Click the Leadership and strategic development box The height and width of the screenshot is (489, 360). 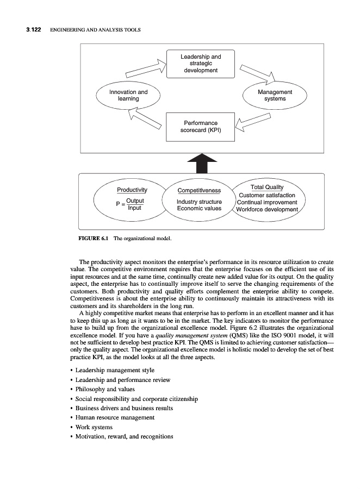[x=200, y=64]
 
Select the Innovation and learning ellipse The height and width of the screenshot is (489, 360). [x=128, y=96]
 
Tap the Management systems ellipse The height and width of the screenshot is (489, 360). [x=275, y=96]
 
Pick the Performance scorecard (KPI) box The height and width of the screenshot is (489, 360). [x=200, y=127]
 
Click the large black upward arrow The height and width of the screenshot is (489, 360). [x=202, y=162]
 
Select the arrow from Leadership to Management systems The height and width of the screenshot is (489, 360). [x=256, y=73]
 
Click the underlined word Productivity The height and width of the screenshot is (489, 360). [x=132, y=190]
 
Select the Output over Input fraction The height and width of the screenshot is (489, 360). [x=134, y=204]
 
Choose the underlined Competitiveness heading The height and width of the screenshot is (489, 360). [x=199, y=191]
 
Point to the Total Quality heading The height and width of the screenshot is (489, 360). [x=267, y=187]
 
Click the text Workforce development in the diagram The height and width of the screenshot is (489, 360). [x=267, y=209]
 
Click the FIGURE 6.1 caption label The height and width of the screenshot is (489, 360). [x=94, y=238]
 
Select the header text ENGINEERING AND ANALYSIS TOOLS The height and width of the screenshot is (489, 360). [x=95, y=30]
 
